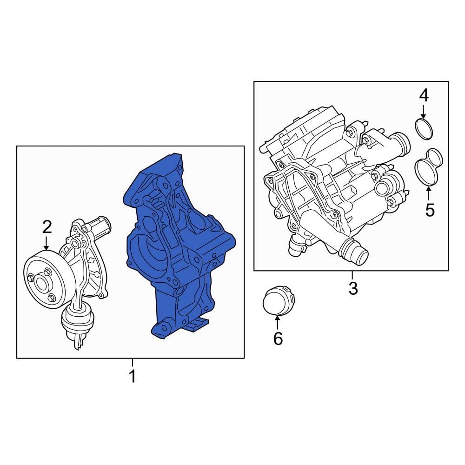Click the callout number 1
(x=133, y=376)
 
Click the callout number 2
(x=46, y=227)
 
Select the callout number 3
(x=353, y=288)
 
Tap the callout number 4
(x=423, y=96)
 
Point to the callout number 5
(x=429, y=210)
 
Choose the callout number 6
(x=278, y=339)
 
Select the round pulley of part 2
(x=42, y=279)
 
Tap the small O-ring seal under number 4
(x=423, y=129)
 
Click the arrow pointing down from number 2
(x=46, y=243)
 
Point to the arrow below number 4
(x=423, y=112)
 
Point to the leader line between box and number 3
(x=352, y=275)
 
